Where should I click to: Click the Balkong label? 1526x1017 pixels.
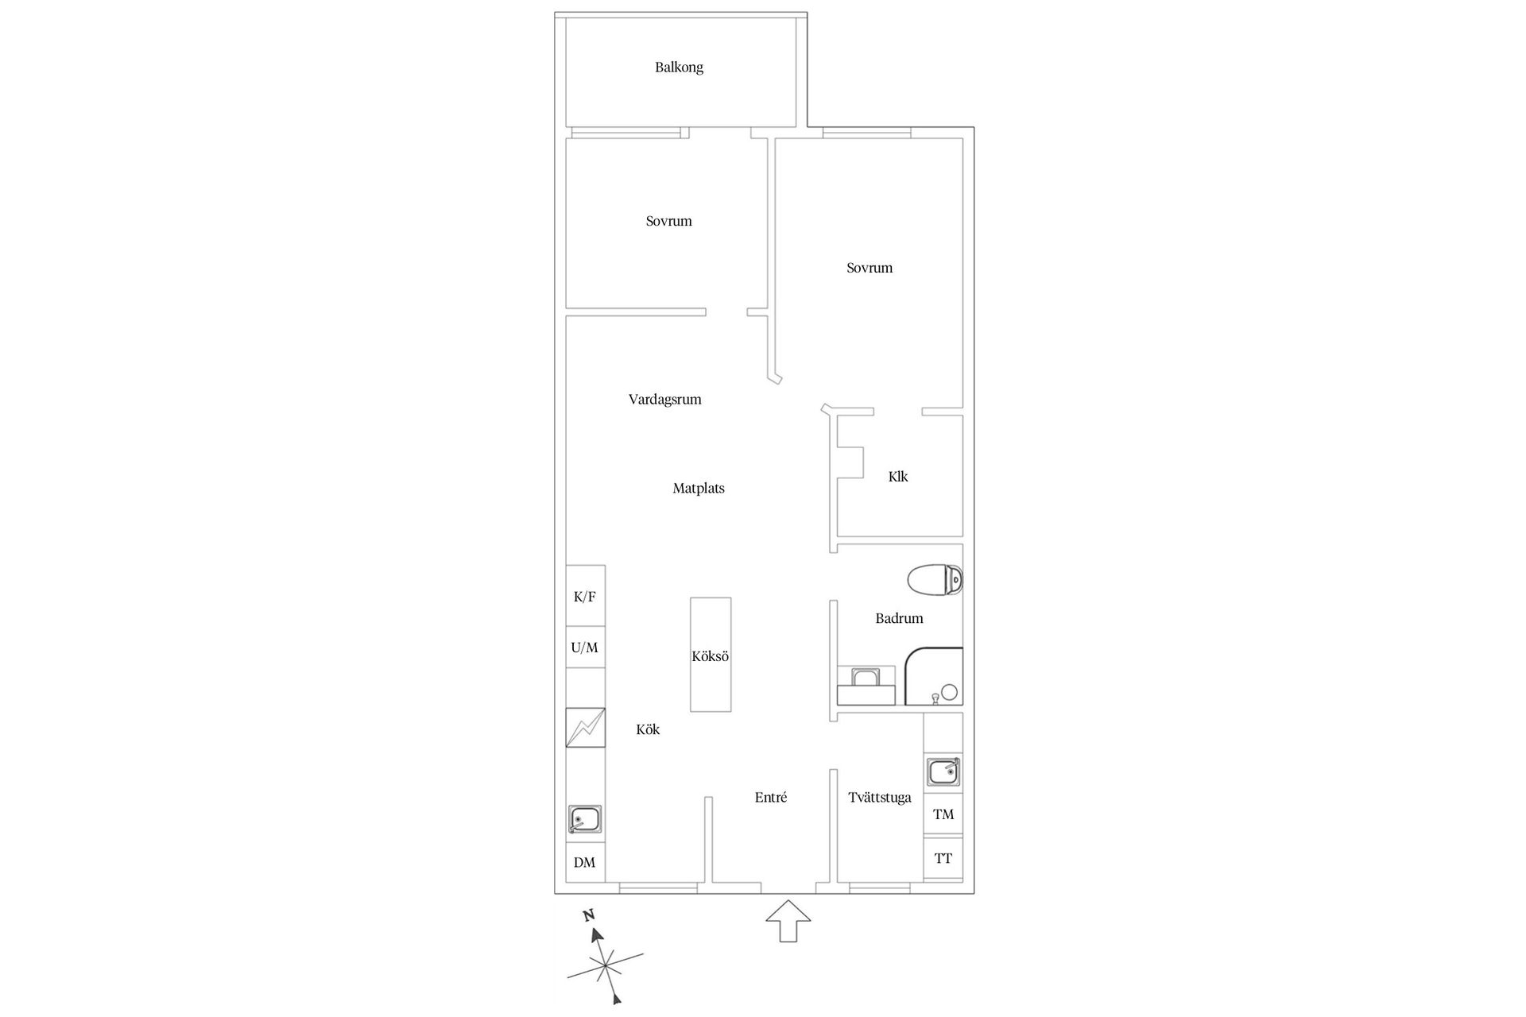point(679,68)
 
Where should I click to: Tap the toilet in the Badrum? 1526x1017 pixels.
point(934,580)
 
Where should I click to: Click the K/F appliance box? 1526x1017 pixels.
point(585,597)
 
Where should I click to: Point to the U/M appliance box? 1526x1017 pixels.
point(585,648)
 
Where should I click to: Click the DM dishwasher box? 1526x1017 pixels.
point(585,862)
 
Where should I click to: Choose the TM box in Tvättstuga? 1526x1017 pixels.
point(943,814)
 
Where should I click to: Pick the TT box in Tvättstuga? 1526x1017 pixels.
point(943,858)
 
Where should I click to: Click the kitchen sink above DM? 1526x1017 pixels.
point(585,819)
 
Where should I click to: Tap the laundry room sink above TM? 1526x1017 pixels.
point(943,771)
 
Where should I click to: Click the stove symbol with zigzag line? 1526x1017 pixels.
point(585,727)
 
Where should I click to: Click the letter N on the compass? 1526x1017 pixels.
point(589,915)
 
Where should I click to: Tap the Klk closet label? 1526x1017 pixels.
point(898,477)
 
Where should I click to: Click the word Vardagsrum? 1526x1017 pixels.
point(664,400)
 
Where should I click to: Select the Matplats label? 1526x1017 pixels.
point(699,489)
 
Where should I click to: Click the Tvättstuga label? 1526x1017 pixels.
point(879,798)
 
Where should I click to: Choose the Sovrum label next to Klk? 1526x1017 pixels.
point(870,269)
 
